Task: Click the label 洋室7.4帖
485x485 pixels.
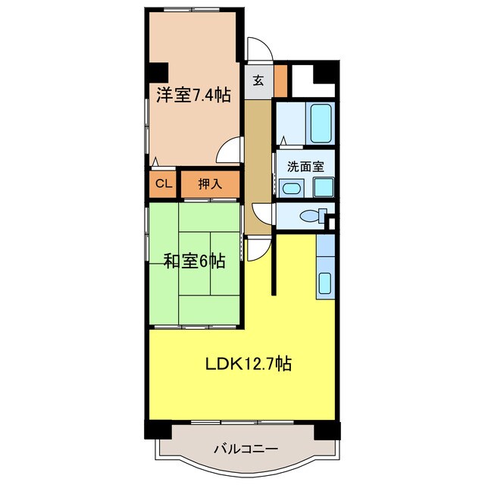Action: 193,95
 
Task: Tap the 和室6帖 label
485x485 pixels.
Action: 195,261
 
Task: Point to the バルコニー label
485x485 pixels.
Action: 245,449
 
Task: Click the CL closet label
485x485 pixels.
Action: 162,183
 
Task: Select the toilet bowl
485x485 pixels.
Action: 310,217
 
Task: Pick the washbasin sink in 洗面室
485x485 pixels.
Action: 290,188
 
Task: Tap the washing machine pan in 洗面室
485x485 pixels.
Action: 324,187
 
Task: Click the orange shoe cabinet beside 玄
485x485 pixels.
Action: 280,81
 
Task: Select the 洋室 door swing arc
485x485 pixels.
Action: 230,149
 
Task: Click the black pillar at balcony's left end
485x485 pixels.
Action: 158,429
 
